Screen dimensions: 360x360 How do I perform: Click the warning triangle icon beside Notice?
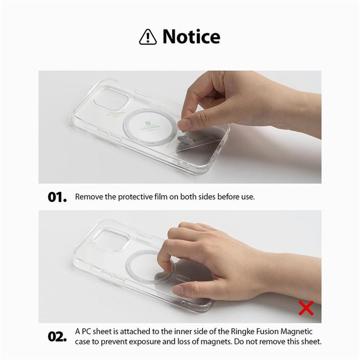[148, 37]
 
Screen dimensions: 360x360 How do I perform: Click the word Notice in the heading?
[191, 37]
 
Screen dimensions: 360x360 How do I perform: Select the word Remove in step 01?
[89, 197]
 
